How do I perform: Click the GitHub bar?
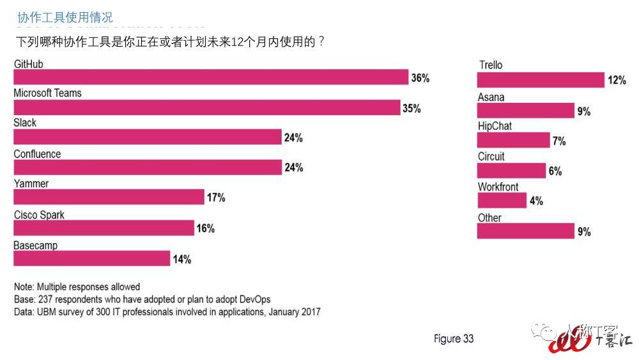[x=211, y=77]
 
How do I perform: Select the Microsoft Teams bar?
[x=207, y=107]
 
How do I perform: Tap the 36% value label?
[x=420, y=78]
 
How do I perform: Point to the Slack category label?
[x=26, y=123]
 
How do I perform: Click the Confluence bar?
[x=148, y=167]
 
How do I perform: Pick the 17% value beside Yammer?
[x=215, y=198]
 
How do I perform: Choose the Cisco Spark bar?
[x=104, y=228]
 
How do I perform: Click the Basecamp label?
[x=36, y=246]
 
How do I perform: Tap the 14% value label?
[x=181, y=259]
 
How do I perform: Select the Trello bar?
[x=541, y=80]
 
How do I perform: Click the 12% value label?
[x=617, y=81]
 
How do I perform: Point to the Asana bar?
[x=526, y=111]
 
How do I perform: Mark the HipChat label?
[x=495, y=127]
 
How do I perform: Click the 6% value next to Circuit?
[x=555, y=171]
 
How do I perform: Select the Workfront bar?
[x=502, y=200]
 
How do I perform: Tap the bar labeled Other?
[x=526, y=231]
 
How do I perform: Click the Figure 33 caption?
[x=454, y=339]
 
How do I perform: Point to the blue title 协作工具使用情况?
[x=65, y=17]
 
